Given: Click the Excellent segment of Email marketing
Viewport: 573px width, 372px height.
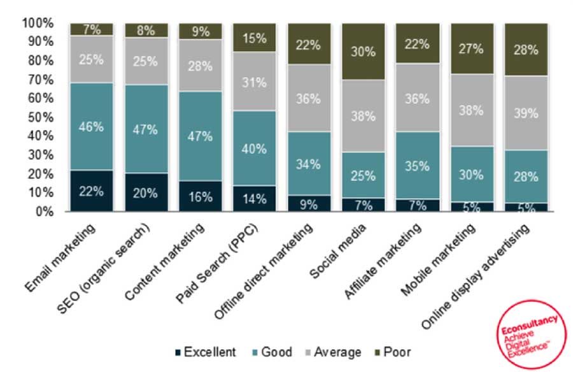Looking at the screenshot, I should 92,190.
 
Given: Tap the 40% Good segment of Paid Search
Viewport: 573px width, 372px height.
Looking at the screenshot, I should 255,148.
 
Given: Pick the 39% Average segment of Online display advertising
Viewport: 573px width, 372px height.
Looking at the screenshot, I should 526,113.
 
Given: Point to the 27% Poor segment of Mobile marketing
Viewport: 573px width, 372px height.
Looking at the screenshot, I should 472,48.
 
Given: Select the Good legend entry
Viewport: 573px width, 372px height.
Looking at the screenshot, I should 271,352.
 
